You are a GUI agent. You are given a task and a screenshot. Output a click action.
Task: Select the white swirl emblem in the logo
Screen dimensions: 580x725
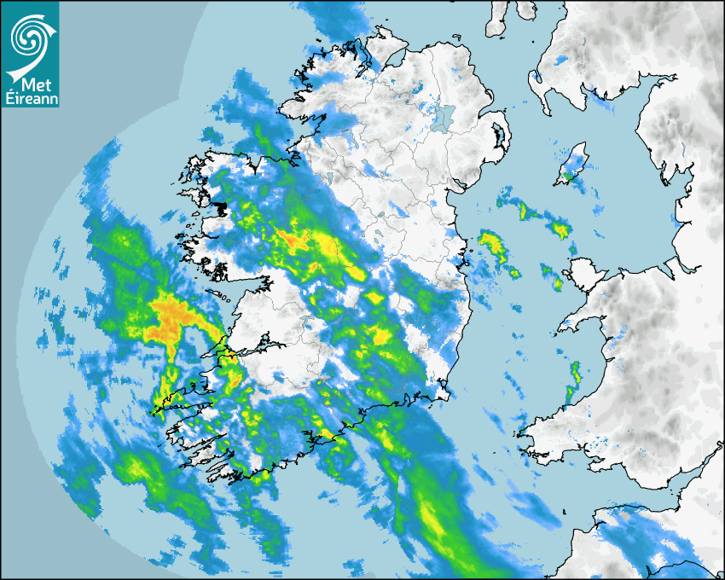[x=30, y=38]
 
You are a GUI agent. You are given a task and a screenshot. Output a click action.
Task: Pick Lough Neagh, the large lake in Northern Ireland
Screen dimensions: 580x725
[x=442, y=116]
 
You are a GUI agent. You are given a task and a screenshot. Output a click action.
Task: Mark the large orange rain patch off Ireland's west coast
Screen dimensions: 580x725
[x=174, y=315]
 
